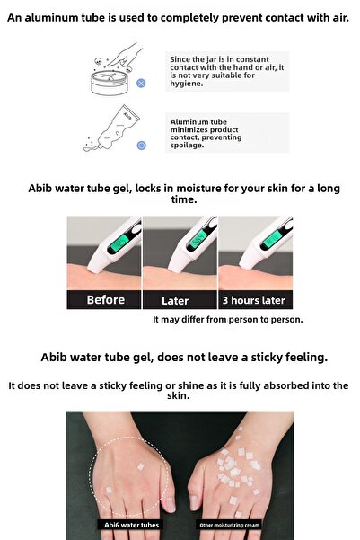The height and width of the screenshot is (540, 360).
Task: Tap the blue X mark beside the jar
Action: click(141, 83)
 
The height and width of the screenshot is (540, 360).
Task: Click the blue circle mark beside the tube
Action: click(141, 145)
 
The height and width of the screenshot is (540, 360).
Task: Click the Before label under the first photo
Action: click(105, 300)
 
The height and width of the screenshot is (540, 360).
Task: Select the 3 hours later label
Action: click(253, 300)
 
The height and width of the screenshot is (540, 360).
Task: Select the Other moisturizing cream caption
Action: click(230, 526)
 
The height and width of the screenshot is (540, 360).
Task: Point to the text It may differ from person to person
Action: click(227, 319)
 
